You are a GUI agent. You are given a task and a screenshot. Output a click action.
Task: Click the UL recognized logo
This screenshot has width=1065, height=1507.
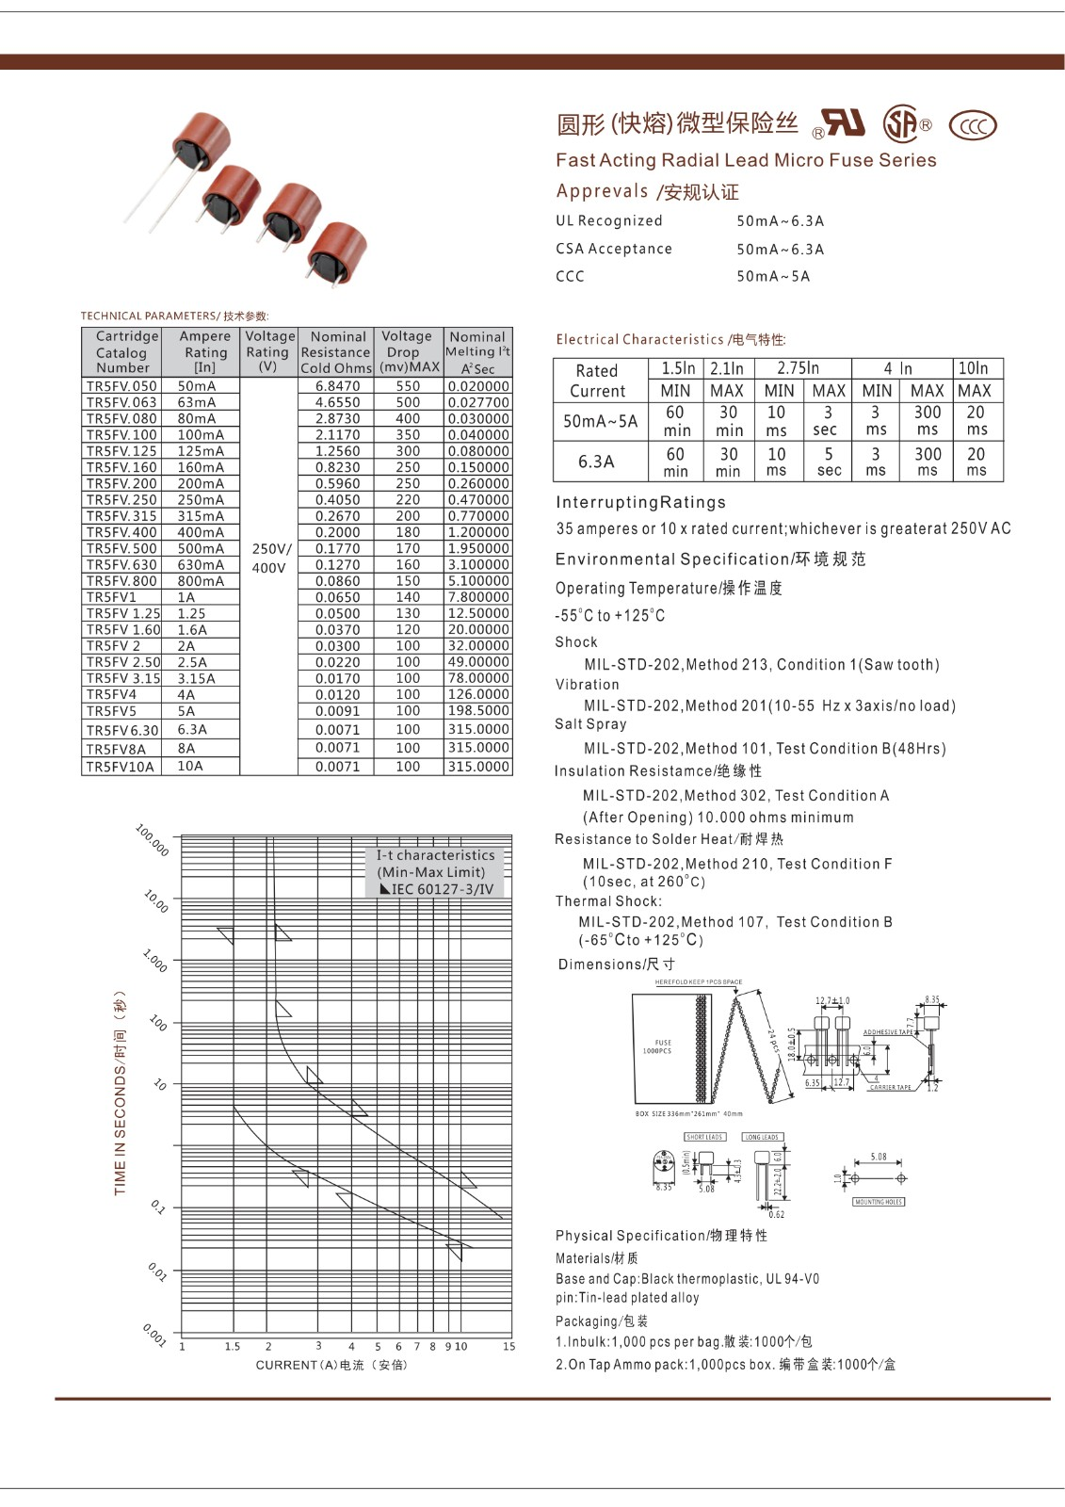coord(840,123)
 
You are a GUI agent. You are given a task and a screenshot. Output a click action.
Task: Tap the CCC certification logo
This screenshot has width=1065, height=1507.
coord(972,125)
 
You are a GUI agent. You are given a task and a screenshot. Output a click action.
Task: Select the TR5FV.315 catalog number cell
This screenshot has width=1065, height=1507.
coord(121,516)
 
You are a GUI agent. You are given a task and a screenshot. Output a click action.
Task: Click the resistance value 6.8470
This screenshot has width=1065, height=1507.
coord(337,386)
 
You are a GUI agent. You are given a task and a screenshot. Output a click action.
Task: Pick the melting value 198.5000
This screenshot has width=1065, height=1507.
coord(478,711)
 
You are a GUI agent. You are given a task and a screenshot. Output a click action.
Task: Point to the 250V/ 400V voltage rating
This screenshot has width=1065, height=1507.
coord(270,558)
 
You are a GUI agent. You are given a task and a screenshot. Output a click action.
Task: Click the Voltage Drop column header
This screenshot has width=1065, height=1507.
coord(408,351)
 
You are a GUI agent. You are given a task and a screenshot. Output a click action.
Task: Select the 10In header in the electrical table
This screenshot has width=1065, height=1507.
coord(973,368)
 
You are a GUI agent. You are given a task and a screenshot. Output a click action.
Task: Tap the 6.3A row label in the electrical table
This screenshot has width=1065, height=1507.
coord(596,462)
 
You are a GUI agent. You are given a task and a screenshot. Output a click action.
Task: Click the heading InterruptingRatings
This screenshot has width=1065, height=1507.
coord(640,502)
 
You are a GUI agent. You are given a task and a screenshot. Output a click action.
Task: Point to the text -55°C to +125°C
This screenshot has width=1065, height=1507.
coord(609,616)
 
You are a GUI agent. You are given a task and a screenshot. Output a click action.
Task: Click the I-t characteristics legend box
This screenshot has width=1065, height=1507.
coord(434,872)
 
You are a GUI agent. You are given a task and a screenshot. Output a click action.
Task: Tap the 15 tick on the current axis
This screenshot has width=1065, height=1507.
coord(508,1347)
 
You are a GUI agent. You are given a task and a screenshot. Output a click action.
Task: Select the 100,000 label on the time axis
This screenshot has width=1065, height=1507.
coord(152,840)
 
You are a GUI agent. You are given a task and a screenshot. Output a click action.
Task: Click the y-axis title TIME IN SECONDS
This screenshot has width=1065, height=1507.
coord(120,1093)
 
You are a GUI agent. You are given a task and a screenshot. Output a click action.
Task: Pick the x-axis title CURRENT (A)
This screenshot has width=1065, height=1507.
coord(331,1365)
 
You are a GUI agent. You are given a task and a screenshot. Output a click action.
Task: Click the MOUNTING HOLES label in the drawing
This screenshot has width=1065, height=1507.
coord(878,1202)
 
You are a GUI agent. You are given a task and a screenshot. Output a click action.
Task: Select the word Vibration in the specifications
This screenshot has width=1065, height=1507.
coord(587,685)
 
